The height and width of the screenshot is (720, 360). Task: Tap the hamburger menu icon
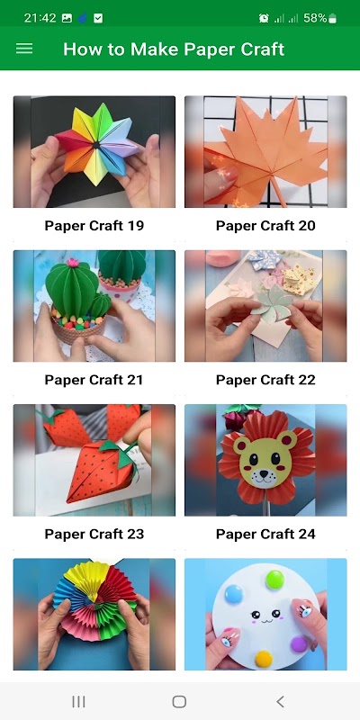click(24, 49)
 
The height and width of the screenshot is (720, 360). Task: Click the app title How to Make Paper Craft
click(174, 49)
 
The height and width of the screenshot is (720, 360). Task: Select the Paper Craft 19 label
click(94, 226)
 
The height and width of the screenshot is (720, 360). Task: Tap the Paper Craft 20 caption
click(265, 226)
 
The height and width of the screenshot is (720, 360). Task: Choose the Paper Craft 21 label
click(94, 380)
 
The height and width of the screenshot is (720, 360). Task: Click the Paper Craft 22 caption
click(265, 380)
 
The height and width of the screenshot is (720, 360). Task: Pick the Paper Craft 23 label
click(94, 534)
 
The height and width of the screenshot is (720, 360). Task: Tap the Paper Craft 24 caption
click(265, 534)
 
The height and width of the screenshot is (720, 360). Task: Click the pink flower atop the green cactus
click(73, 263)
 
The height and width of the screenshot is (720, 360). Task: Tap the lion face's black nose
click(264, 472)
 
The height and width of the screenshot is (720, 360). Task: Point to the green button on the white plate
click(274, 579)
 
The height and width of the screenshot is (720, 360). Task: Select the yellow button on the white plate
click(264, 659)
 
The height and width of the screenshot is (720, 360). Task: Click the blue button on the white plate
click(234, 594)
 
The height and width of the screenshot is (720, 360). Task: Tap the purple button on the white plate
click(299, 643)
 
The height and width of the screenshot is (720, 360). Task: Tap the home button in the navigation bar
click(179, 701)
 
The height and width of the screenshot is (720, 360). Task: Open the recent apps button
click(78, 701)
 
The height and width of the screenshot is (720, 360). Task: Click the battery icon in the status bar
click(332, 18)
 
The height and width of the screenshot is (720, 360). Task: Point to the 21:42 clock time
click(40, 18)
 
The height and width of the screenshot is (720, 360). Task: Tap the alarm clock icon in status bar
click(264, 18)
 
